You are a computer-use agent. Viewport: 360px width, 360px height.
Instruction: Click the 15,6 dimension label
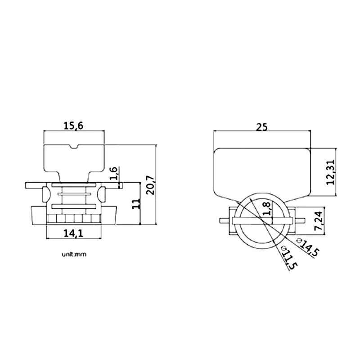(x=73, y=126)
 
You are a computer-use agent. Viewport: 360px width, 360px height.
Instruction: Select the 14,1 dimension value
(x=73, y=234)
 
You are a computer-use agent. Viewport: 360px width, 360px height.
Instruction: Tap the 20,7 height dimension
(x=151, y=185)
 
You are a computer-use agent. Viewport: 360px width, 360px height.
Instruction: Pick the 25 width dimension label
(x=262, y=127)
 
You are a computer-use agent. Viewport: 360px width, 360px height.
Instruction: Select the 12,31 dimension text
(x=331, y=172)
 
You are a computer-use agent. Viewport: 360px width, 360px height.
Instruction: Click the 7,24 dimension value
(x=319, y=221)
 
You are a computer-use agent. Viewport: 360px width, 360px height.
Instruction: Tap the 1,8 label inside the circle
(x=267, y=208)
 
